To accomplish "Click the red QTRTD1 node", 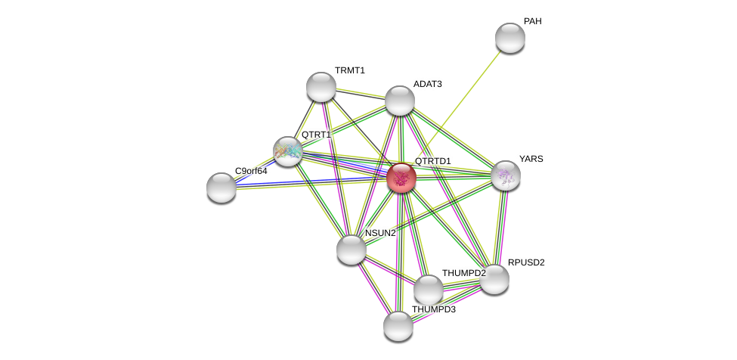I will click(x=401, y=178).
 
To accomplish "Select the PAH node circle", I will click(x=510, y=38).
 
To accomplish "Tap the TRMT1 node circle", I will click(x=321, y=87).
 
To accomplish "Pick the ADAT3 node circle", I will click(x=400, y=101).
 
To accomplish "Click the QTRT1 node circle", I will click(x=288, y=151).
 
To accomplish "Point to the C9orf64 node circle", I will click(x=221, y=188).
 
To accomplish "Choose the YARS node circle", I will click(x=506, y=175).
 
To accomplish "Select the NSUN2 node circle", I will click(x=351, y=250).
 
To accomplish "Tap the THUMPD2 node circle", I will click(x=429, y=289).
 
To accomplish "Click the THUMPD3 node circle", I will click(x=398, y=326).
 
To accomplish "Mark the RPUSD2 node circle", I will click(x=494, y=279).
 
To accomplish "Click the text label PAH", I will click(x=532, y=21).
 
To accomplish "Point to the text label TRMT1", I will click(x=349, y=70).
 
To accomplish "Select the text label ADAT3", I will click(x=427, y=84).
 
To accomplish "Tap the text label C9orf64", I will click(x=251, y=171).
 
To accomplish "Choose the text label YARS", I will click(x=531, y=159).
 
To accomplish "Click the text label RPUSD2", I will click(x=525, y=262).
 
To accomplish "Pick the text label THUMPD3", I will click(x=433, y=309).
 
